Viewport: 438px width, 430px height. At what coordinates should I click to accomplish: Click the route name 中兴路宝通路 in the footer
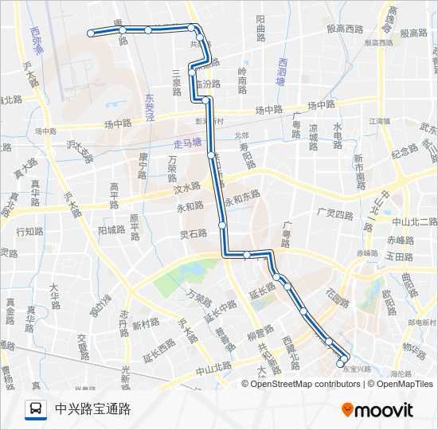pyautogui.click(x=92, y=409)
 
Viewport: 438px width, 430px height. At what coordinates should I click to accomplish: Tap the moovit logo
pyautogui.click(x=377, y=410)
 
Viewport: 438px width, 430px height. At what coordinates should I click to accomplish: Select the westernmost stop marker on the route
pyautogui.click(x=92, y=33)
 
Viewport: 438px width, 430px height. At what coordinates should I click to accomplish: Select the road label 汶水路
pyautogui.click(x=187, y=188)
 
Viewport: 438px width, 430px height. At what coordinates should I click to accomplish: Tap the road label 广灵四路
pyautogui.click(x=334, y=213)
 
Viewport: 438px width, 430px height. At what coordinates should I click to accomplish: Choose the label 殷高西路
pyautogui.click(x=345, y=28)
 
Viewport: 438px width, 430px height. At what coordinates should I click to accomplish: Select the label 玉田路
pyautogui.click(x=399, y=257)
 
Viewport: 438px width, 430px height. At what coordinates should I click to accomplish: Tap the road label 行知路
pyautogui.click(x=29, y=232)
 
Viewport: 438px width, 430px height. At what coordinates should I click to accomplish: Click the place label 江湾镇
pyautogui.click(x=377, y=121)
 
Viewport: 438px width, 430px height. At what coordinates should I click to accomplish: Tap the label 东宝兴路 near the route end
pyautogui.click(x=356, y=369)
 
